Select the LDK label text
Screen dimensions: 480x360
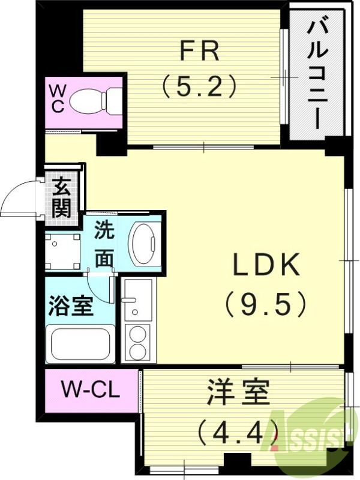[266, 265]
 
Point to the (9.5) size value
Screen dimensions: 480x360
[266, 304]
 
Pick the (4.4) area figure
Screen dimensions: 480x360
[238, 430]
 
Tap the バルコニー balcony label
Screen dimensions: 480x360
[319, 74]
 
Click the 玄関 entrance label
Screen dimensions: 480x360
[62, 197]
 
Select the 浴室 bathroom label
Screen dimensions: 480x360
[71, 306]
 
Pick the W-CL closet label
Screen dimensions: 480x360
[91, 391]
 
